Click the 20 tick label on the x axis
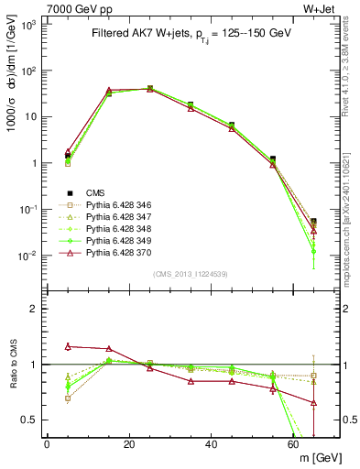click(x=129, y=444)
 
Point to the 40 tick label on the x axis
click(x=212, y=444)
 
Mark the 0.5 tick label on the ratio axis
click(x=28, y=420)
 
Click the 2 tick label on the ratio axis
click(x=33, y=309)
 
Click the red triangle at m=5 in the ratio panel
click(x=68, y=346)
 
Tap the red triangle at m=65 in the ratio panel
click(x=314, y=402)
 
